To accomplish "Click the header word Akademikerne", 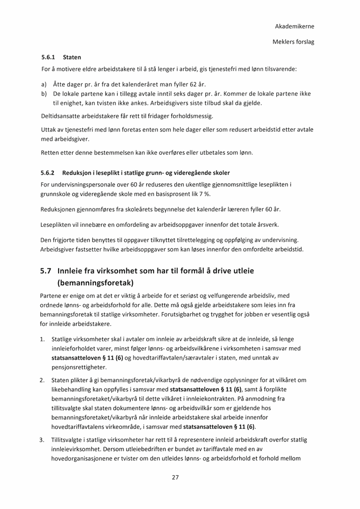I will (x=294, y=26).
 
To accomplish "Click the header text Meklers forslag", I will (x=293, y=42).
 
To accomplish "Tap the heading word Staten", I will (x=72, y=57).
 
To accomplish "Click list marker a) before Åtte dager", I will (x=44, y=84).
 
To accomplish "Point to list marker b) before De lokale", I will (x=44, y=94).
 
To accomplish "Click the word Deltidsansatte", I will (x=62, y=116).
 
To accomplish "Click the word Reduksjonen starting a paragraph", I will (x=61, y=209).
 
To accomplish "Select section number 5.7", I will (x=46, y=271).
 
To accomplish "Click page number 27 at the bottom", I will (x=175, y=477).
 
